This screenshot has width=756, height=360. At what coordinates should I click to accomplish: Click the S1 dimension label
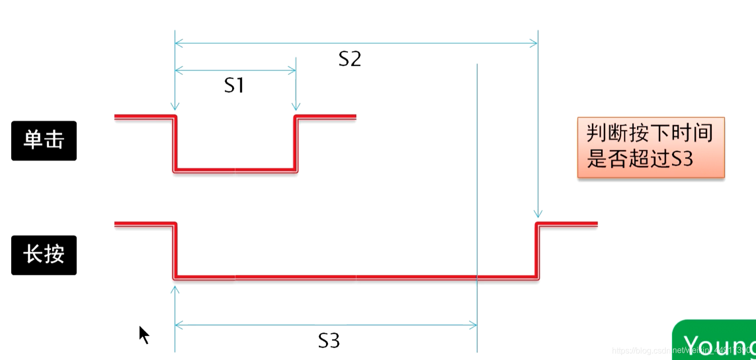234,86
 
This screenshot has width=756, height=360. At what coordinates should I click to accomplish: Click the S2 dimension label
350,59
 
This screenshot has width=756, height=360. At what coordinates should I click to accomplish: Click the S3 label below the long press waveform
329,341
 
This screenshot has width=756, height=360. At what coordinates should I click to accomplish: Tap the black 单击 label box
44,141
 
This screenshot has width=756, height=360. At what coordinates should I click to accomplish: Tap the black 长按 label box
44,255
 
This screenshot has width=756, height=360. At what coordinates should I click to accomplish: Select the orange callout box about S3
650,147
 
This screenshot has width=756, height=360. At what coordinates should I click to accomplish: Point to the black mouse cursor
144,334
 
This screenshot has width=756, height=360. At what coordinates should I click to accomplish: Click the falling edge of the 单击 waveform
175,143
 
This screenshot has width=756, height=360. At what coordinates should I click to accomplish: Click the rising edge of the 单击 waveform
295,143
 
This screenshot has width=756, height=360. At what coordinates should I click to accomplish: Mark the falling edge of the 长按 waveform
175,251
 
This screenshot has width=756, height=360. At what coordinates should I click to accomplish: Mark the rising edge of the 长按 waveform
538,251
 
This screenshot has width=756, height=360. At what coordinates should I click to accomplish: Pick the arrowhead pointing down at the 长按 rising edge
538,214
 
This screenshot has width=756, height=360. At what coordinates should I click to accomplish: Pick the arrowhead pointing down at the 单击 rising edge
296,106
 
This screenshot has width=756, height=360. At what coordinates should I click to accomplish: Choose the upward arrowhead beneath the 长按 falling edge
175,290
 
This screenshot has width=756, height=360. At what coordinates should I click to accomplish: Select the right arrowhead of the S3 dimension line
473,325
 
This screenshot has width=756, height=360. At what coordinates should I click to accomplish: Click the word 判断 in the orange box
601,134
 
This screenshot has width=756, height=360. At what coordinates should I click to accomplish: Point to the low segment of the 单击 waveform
235,169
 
